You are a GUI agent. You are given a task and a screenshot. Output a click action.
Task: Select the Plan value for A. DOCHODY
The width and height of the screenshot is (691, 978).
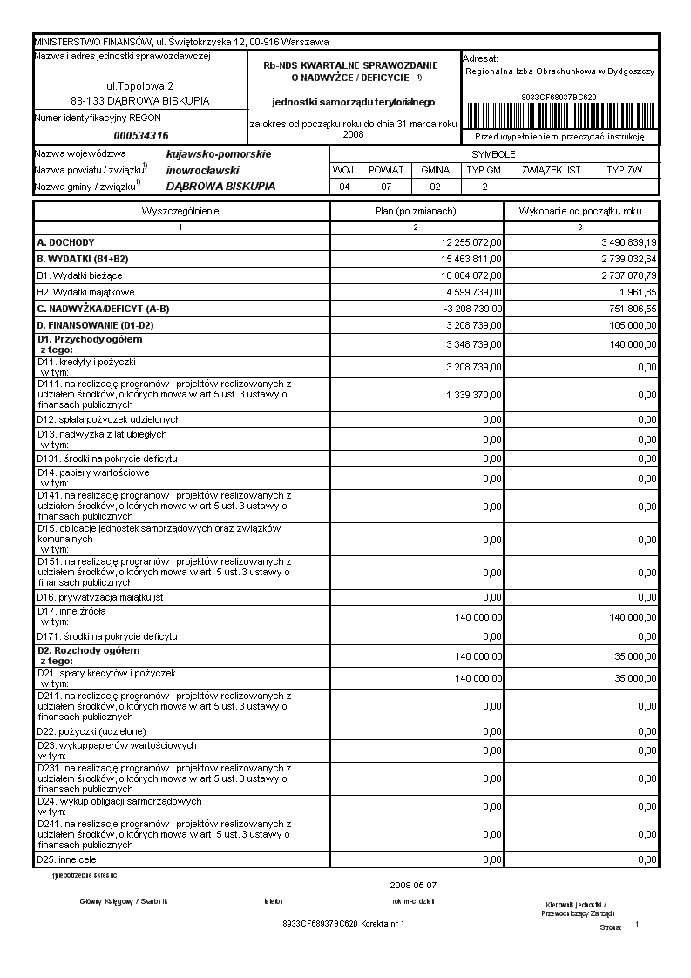point(471,242)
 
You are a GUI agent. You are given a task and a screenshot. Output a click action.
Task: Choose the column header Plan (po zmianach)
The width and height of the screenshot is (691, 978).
point(416,211)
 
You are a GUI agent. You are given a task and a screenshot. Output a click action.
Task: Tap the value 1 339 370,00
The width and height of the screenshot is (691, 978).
point(471,395)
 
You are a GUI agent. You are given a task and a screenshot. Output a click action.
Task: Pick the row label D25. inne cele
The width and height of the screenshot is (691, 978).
point(72,859)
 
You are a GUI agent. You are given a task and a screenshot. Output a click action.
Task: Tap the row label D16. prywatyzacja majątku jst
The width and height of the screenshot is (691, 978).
point(99,597)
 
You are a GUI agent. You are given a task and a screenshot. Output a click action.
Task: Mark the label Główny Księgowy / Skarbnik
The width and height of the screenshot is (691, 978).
point(123,900)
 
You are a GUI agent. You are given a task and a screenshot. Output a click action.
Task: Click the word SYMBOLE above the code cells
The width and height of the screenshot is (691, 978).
point(493,154)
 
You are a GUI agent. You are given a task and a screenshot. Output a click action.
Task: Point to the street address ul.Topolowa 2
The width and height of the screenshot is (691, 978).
point(139,86)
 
